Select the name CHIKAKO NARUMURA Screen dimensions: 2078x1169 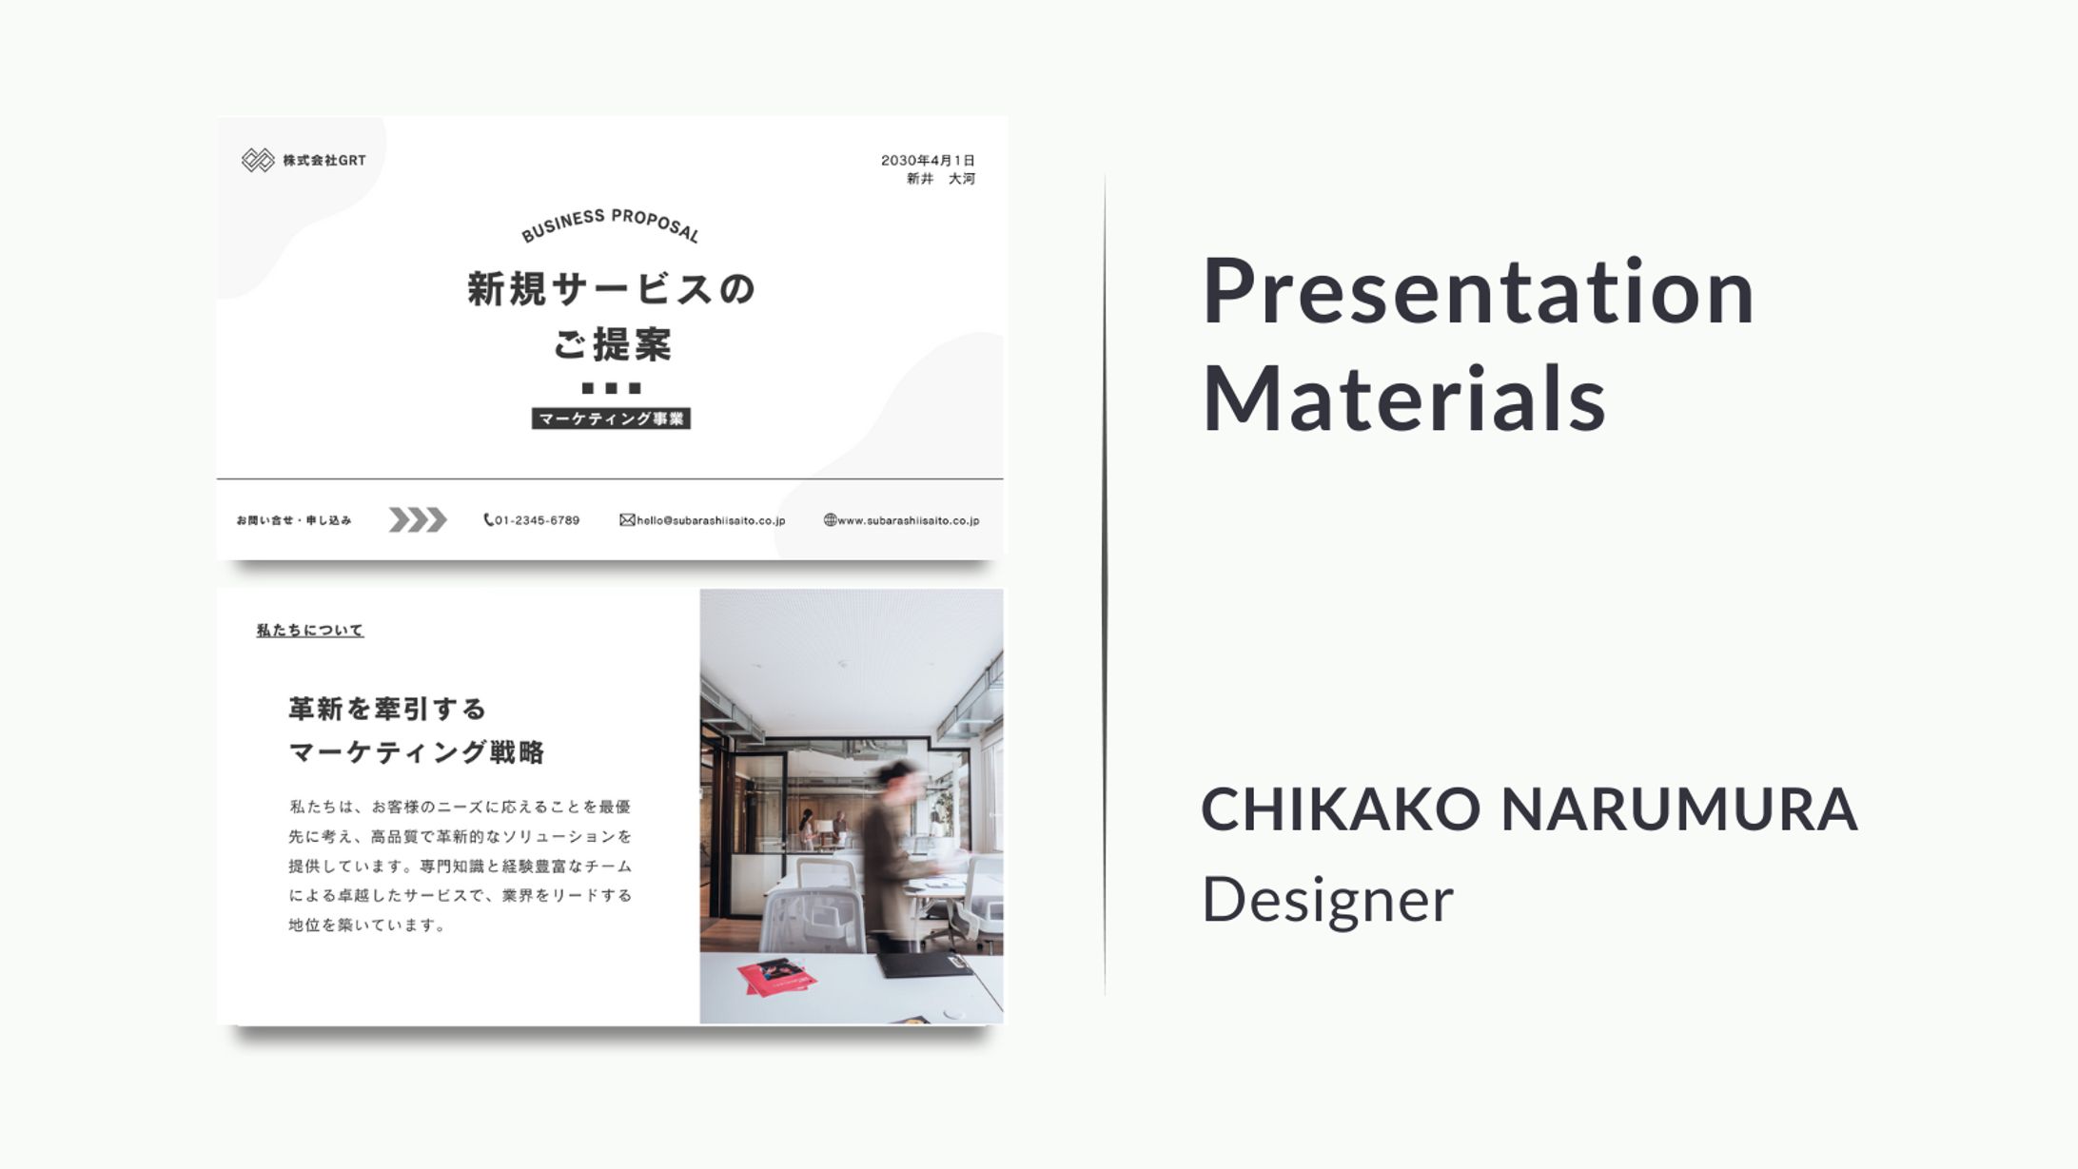(1529, 809)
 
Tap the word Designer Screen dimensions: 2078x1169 (1327, 900)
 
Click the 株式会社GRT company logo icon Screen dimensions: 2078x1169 (258, 160)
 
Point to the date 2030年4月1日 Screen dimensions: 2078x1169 (928, 160)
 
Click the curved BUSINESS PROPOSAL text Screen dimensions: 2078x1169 (610, 224)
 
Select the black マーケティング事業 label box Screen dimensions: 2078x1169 (611, 419)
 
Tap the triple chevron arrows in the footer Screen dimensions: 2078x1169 (418, 519)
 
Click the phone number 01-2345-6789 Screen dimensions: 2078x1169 (532, 520)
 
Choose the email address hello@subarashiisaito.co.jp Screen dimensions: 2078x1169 (703, 520)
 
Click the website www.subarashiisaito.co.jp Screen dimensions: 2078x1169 (902, 520)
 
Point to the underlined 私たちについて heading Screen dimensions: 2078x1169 (310, 630)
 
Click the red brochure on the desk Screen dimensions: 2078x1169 (776, 977)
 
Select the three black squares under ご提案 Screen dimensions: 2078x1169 (612, 388)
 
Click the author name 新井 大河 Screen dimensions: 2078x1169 (941, 179)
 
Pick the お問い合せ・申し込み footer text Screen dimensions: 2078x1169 (294, 520)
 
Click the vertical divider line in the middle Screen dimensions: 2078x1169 (1105, 584)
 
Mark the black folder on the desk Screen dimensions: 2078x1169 (925, 964)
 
